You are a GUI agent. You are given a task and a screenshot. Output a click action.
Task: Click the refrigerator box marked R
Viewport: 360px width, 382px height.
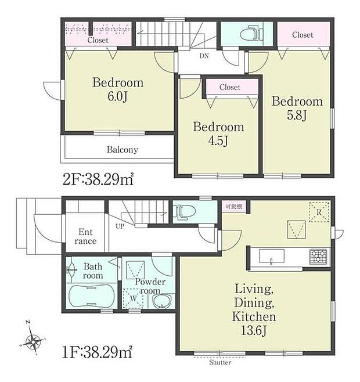(x=319, y=211)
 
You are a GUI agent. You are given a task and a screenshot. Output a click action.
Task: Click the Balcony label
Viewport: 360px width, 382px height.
(x=123, y=150)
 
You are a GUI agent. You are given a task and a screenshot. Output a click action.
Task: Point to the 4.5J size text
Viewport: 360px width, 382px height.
(x=218, y=140)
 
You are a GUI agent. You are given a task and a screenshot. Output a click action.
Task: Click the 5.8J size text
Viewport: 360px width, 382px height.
(x=297, y=115)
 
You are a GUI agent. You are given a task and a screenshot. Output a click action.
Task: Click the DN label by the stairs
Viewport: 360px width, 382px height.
(x=204, y=56)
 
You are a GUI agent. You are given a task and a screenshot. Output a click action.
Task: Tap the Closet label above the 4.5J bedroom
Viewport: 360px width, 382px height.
(x=230, y=87)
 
